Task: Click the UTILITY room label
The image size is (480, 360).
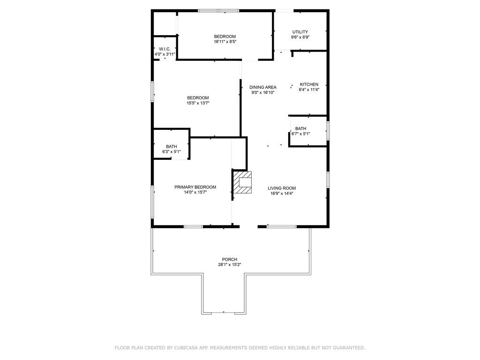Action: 300,32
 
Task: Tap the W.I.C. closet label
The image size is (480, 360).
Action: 165,49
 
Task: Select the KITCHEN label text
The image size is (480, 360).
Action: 309,84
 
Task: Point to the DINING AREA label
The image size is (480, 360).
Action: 262,87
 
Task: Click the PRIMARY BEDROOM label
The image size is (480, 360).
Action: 195,187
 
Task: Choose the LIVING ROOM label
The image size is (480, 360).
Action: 282,188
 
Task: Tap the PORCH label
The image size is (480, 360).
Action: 230,260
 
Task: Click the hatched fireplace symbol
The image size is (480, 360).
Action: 242,182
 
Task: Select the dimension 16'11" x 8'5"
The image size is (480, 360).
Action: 225,42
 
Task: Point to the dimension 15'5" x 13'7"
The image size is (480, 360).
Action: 198,103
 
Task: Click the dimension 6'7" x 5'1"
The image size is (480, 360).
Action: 300,134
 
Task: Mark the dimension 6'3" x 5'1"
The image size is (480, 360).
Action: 172,151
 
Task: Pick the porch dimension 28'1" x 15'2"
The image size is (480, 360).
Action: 230,265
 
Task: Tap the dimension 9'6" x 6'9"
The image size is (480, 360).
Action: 300,37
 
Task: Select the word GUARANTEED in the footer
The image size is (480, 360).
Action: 349,348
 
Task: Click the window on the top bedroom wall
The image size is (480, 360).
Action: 218,11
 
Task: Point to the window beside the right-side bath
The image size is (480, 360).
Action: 328,131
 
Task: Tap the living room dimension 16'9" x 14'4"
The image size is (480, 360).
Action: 282,194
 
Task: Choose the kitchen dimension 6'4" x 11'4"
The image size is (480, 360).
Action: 309,90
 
